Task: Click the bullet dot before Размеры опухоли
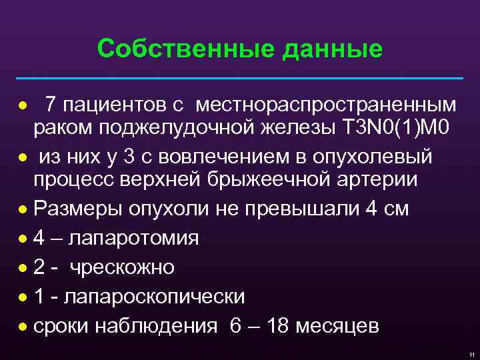23,209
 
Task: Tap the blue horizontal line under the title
240,79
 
